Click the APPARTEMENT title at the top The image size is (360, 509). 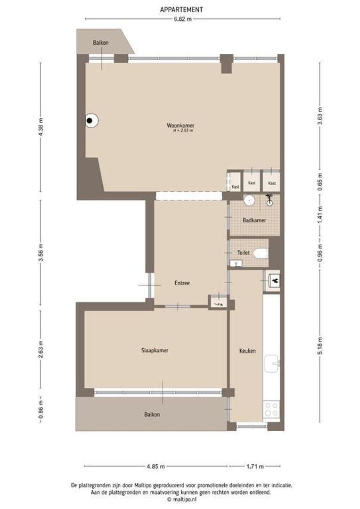point(181,9)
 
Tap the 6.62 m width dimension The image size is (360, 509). point(183,19)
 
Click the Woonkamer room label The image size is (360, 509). point(180,125)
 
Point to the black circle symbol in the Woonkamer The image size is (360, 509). point(90,121)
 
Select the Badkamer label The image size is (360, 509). point(254,220)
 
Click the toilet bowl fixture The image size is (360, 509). point(260,254)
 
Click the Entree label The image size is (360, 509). point(182,283)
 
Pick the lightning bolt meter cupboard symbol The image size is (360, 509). point(218,302)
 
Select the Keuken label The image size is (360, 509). point(247,351)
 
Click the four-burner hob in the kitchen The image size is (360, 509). point(271,409)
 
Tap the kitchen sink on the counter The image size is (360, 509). point(272,363)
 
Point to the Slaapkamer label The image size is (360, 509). point(155,351)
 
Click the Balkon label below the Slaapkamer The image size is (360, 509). point(152,415)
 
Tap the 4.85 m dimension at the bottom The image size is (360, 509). point(155,467)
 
